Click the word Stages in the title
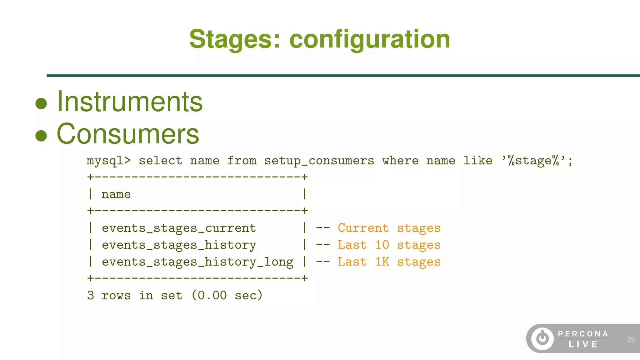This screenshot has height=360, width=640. [235, 39]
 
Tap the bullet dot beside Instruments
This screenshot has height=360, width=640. [41, 103]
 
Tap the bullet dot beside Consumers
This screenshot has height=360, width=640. [41, 136]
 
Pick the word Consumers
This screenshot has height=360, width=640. [128, 134]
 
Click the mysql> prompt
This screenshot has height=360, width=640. [108, 161]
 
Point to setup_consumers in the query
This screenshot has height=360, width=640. [319, 161]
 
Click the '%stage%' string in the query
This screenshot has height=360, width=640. [537, 161]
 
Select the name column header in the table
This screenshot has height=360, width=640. [116, 194]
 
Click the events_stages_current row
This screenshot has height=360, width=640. [179, 228]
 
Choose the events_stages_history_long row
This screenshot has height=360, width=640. [197, 262]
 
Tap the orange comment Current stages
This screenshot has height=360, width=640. [389, 228]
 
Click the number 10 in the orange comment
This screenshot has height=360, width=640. [382, 245]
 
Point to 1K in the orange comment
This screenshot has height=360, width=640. [382, 262]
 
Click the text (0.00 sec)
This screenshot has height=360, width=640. [227, 295]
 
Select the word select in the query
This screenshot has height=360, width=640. [160, 161]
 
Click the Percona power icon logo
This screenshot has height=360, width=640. [542, 339]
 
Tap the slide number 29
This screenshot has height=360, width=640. [631, 339]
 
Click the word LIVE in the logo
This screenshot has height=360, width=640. [583, 344]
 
